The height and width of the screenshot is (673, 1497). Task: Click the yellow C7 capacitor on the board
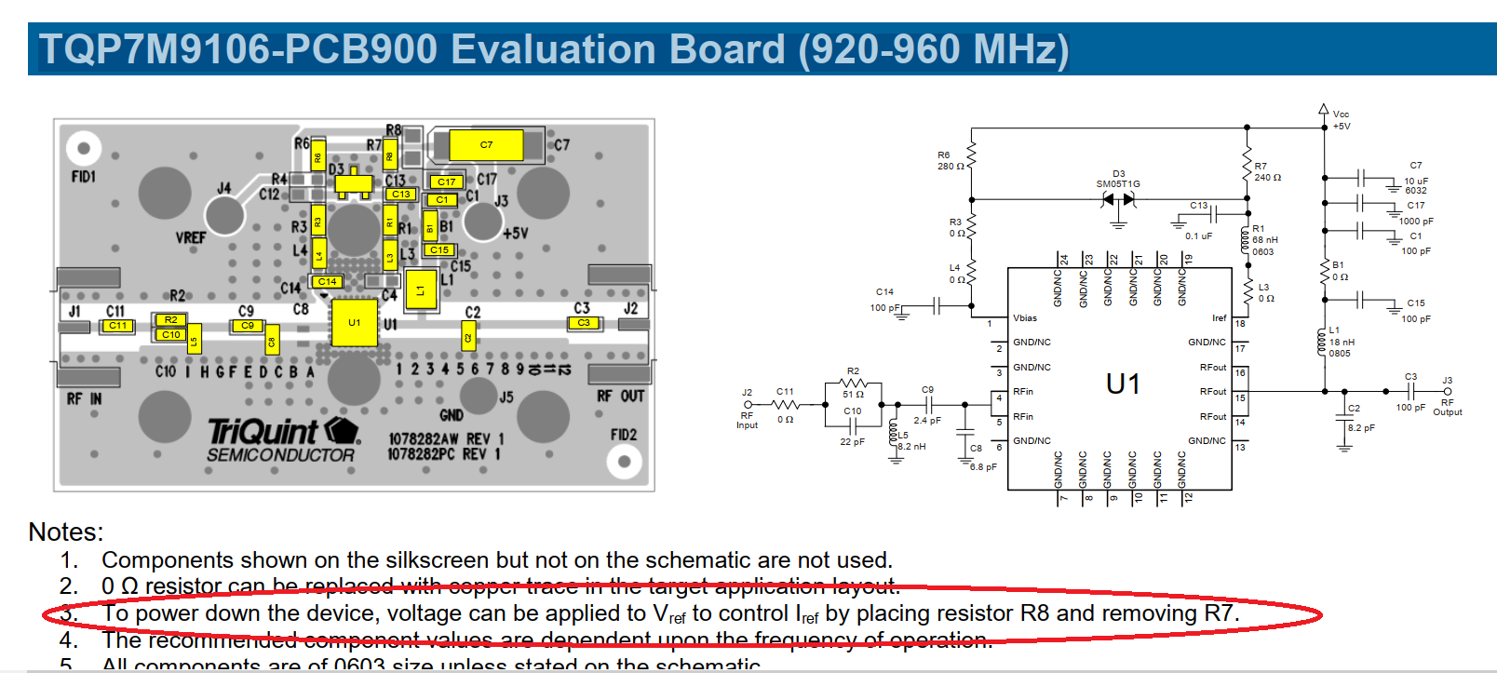pyautogui.click(x=485, y=145)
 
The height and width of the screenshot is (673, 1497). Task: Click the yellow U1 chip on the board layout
pyautogui.click(x=354, y=322)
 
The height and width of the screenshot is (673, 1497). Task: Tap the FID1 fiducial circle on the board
pyautogui.click(x=84, y=148)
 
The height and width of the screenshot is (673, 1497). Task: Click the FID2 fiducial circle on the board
pyautogui.click(x=624, y=461)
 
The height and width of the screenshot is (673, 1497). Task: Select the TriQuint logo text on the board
pyautogui.click(x=263, y=432)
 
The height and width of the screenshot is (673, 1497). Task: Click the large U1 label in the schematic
pyautogui.click(x=1123, y=384)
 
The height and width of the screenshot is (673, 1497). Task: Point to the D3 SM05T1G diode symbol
pyautogui.click(x=1118, y=200)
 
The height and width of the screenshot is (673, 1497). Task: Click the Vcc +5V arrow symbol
pyautogui.click(x=1324, y=111)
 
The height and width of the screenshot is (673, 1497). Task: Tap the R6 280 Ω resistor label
pyautogui.click(x=950, y=161)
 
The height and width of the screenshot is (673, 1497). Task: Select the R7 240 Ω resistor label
pyautogui.click(x=1267, y=171)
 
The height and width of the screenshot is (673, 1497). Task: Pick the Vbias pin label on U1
pyautogui.click(x=1025, y=318)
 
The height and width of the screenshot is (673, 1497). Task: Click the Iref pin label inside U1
pyautogui.click(x=1219, y=318)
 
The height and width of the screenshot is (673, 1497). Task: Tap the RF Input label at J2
pyautogui.click(x=747, y=420)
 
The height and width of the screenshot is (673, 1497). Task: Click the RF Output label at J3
pyautogui.click(x=1448, y=407)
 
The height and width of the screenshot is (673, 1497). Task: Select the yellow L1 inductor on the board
pyautogui.click(x=420, y=290)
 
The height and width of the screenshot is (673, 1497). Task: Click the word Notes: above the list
pyautogui.click(x=66, y=532)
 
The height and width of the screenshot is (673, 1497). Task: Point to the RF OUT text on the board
pyautogui.click(x=620, y=397)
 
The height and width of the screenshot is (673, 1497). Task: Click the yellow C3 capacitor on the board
pyautogui.click(x=584, y=323)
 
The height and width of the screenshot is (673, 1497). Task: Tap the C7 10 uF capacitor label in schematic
pyautogui.click(x=1415, y=177)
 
